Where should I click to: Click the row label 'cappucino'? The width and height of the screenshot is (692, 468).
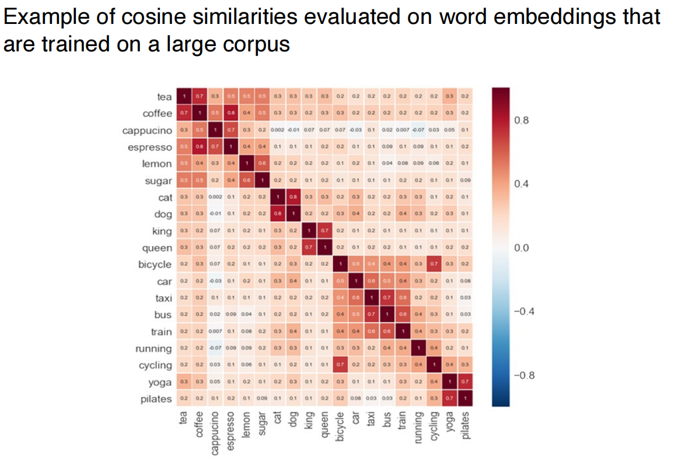click(147, 130)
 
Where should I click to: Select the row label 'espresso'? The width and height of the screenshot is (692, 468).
click(149, 147)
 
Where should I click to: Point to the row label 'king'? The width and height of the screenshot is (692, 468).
click(162, 231)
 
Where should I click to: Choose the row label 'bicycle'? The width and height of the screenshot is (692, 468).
click(155, 264)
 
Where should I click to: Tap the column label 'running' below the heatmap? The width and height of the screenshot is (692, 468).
click(418, 426)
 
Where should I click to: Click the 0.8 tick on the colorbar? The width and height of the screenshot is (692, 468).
click(523, 121)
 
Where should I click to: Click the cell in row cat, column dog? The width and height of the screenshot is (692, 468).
click(293, 197)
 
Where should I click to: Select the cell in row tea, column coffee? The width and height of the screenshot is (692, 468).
click(200, 96)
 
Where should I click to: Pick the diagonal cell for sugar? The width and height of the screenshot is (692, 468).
click(262, 180)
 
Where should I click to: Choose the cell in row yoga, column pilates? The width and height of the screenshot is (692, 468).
click(464, 382)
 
